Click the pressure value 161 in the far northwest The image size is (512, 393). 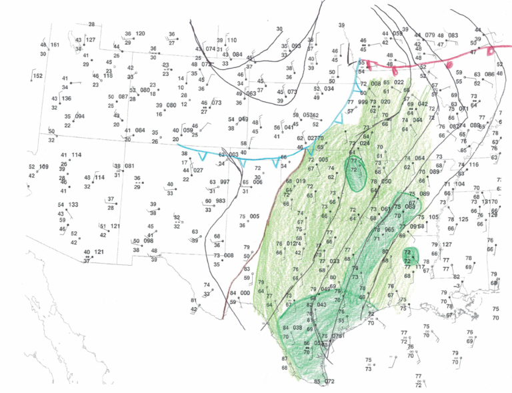55,45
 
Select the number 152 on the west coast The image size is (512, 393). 38,76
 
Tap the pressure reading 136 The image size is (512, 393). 66,99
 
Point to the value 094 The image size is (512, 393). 79,117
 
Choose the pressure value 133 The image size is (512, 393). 73,204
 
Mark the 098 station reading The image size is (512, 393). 148,241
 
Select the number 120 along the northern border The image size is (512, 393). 140,34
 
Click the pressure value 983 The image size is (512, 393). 221,201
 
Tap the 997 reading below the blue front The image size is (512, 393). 224,182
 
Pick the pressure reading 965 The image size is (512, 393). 389,230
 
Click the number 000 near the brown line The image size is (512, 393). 245,293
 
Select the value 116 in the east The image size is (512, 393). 473,165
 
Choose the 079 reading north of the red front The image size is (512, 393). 430,35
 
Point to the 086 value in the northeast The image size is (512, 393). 489,75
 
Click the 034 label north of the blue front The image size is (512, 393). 329,89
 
